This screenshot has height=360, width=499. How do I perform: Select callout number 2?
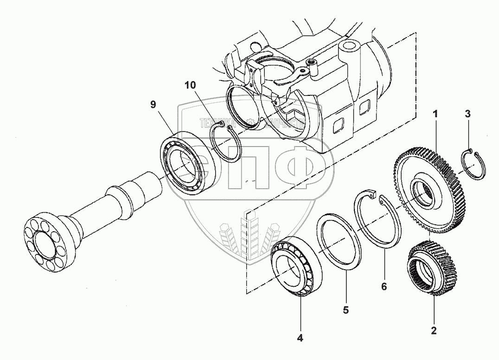[x=434, y=331]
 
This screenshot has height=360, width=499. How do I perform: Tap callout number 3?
[x=468, y=114]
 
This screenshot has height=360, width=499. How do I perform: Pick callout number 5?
[x=345, y=309]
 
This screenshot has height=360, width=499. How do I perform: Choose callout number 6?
[x=384, y=287]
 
